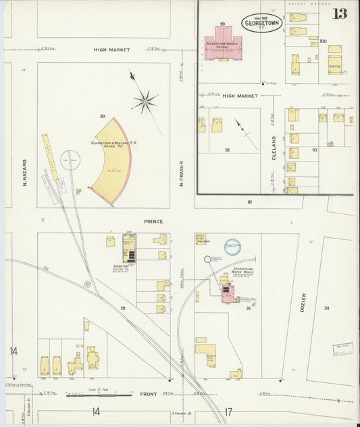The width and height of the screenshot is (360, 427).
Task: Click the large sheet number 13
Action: [340, 14]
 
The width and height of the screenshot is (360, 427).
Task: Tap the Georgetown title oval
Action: [261, 22]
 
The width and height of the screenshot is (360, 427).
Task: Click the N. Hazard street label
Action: [24, 173]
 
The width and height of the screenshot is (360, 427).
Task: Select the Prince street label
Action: [153, 221]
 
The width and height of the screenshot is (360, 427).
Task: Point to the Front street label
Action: [148, 394]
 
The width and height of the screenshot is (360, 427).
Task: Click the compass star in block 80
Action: [144, 102]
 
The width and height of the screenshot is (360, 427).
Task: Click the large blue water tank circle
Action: [232, 249]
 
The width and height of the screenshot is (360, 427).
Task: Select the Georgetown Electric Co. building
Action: [129, 248]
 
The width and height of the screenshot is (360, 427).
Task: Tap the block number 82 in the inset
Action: [227, 149]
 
